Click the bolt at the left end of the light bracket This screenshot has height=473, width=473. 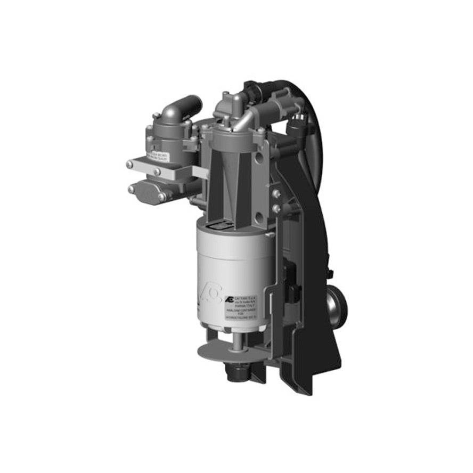[x=129, y=165]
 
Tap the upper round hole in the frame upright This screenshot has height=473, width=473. [x=260, y=159]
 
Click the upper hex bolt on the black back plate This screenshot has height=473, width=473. [x=276, y=195]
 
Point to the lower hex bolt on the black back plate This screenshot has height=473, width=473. [x=276, y=209]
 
